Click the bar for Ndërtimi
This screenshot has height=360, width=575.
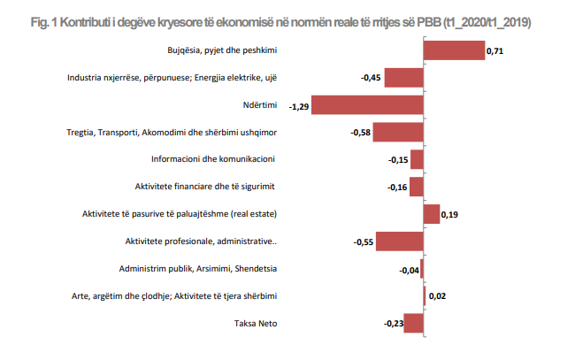pos(367,105)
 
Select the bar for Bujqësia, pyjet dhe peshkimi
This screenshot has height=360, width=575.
pos(453,50)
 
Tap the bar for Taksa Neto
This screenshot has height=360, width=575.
pos(414,323)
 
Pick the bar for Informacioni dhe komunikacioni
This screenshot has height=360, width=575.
pos(417,160)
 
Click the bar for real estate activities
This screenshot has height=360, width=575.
pos(432,214)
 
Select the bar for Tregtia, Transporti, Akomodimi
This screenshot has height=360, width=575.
pos(399,133)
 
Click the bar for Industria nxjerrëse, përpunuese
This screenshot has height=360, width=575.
pos(403,78)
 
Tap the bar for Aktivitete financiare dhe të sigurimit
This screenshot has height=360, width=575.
pos(417,188)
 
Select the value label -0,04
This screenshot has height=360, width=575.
pos(409,270)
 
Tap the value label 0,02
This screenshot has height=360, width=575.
pos(437,296)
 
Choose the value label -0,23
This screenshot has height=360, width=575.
pos(393,324)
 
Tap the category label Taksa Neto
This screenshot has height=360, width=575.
pos(256,323)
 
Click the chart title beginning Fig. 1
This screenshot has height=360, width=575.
pos(287,19)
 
